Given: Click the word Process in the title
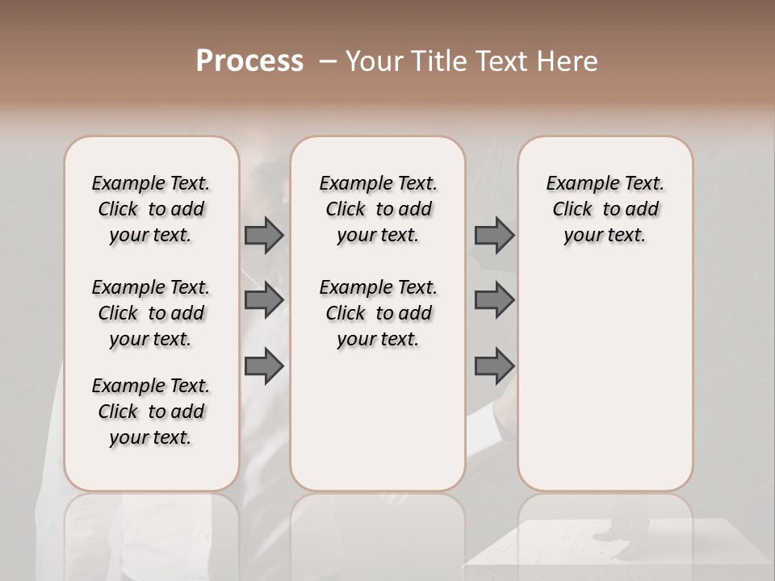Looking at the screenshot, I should coord(249,61).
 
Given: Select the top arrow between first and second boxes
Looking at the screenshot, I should coord(264,235).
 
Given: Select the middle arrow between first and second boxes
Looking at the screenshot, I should coord(264,300).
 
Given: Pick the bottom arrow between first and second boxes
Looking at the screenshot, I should coord(264,366).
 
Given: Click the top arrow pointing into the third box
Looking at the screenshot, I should coord(494,235).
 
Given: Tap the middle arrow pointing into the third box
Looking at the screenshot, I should coord(494,300).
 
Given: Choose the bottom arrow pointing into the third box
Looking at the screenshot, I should coord(494,366).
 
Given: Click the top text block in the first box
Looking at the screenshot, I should coord(151,209).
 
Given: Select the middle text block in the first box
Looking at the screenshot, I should coord(151,313).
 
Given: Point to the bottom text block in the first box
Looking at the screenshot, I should coord(151,412).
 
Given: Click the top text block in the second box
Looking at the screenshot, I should coord(378,209).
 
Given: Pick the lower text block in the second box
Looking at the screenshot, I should coord(378,313).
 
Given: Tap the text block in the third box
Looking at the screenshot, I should coord(605,209).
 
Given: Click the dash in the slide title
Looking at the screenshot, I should coord(328,61).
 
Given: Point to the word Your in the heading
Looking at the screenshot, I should coord(374,61).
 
